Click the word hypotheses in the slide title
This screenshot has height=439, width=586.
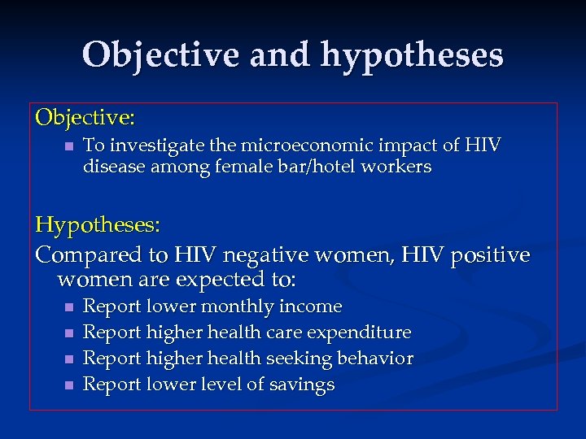[x=412, y=56]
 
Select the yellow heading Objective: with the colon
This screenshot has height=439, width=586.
[x=85, y=118]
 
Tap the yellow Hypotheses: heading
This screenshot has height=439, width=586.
[x=95, y=224]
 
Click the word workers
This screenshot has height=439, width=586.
[x=400, y=167]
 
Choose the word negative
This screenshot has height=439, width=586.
[x=283, y=255]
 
